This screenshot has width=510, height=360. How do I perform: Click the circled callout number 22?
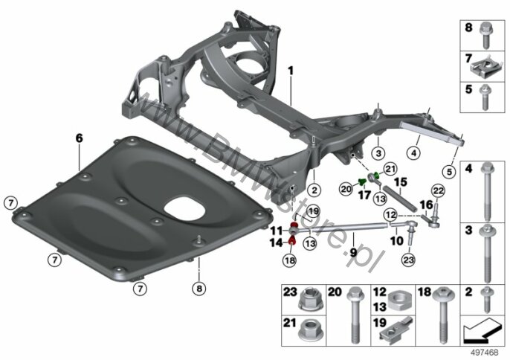tap(438, 190)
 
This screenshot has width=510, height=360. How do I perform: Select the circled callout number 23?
tap(409, 260)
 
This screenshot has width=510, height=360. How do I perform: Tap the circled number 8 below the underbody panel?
tap(199, 288)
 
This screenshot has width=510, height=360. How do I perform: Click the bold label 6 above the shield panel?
tap(79, 138)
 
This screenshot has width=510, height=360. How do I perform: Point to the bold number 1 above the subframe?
tap(291, 71)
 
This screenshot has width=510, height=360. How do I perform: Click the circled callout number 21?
tap(390, 169)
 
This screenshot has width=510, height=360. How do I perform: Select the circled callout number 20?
tap(346, 189)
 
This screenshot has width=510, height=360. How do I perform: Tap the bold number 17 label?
tap(364, 195)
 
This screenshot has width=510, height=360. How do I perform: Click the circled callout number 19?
tap(313, 212)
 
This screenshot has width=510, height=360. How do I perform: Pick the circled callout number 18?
tap(290, 260)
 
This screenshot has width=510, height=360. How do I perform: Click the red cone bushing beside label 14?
tap(292, 240)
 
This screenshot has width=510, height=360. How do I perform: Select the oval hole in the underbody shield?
tap(184, 208)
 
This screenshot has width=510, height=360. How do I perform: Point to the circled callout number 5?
tap(449, 172)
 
